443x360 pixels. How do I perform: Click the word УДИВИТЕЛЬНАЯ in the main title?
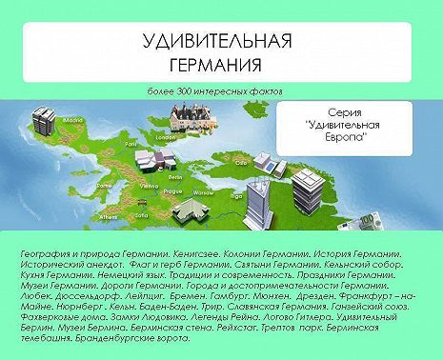coord(214,44)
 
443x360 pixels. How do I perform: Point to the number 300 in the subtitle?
coord(190,90)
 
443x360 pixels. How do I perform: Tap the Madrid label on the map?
coord(68,121)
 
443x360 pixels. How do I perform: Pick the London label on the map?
coord(163,136)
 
